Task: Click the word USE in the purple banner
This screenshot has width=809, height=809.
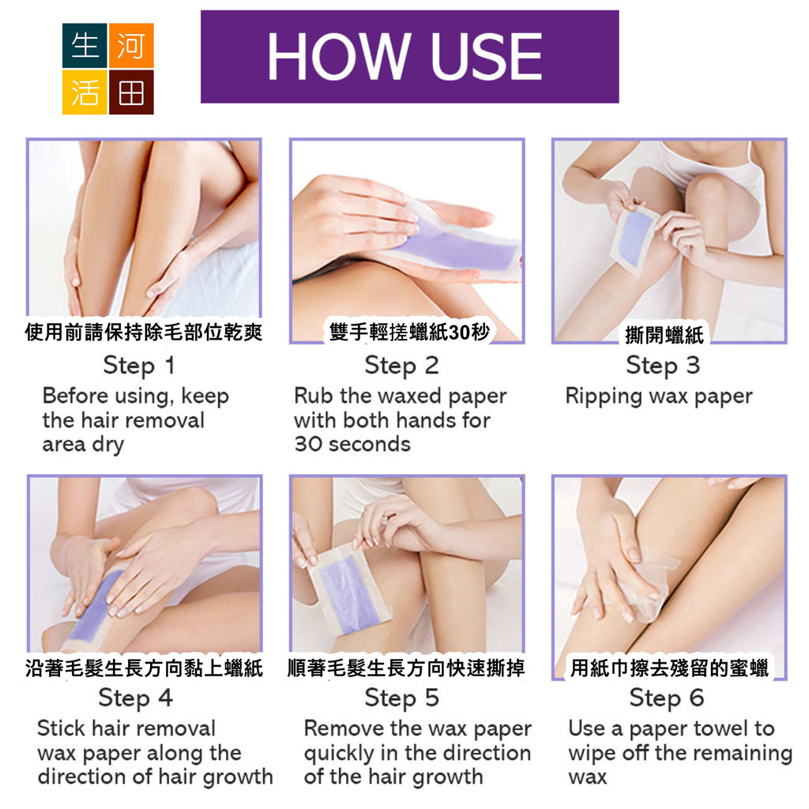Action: coord(486,57)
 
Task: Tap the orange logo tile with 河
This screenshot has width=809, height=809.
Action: coord(131,45)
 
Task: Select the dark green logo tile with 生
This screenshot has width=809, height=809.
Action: coord(85,45)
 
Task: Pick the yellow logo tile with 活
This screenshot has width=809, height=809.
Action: coord(85,92)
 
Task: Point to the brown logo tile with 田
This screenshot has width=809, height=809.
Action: coord(131,92)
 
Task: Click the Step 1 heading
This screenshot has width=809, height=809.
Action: coord(139,366)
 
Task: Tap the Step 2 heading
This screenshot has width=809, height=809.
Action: coord(401,366)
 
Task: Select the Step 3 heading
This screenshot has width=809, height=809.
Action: coord(663,366)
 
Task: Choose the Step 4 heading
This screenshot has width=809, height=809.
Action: coord(136,698)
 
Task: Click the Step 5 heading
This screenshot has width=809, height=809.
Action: coord(401,698)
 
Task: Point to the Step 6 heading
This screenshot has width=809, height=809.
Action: coord(667,698)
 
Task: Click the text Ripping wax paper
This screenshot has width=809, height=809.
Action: coord(659,397)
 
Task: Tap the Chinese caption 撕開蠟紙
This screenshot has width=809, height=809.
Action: coord(664,335)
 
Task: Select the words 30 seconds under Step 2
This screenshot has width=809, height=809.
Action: coord(352,444)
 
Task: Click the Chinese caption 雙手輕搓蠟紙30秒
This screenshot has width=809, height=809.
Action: coord(408,332)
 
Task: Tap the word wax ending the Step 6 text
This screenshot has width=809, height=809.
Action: coord(588,777)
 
